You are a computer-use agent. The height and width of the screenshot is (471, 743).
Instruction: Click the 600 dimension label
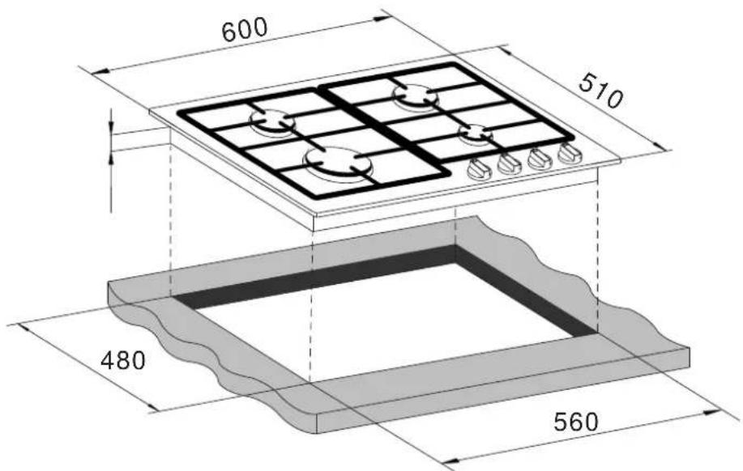point(245,30)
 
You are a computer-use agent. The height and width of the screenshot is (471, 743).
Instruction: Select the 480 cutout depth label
point(122,361)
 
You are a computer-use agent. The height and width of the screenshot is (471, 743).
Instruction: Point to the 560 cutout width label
point(576,422)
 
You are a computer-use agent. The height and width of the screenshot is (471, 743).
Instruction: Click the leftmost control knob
point(479,169)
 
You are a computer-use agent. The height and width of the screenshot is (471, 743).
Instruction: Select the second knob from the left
point(510,163)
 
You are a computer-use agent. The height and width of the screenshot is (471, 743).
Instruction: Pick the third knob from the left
point(540,159)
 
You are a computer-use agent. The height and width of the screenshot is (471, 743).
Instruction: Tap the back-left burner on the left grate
point(272,121)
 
